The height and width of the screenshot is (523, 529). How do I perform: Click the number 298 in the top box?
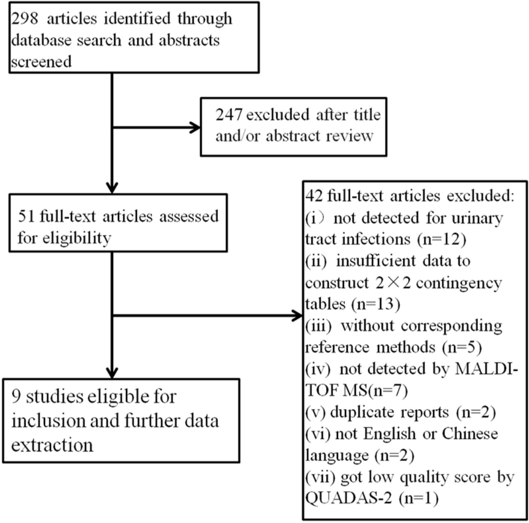pyautogui.click(x=25, y=19)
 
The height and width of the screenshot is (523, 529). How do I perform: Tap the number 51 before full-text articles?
pyautogui.click(x=26, y=217)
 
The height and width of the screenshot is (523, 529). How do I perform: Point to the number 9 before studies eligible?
pyautogui.click(x=16, y=397)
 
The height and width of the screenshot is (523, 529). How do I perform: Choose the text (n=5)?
pyautogui.click(x=462, y=347)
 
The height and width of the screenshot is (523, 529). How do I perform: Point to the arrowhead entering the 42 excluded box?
pyautogui.click(x=297, y=316)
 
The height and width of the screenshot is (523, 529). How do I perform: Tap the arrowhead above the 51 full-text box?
pyautogui.click(x=112, y=187)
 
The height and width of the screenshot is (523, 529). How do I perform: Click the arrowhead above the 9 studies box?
pyautogui.click(x=112, y=372)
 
